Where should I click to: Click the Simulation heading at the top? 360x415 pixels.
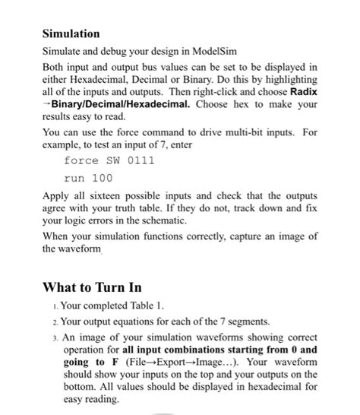[71, 34]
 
